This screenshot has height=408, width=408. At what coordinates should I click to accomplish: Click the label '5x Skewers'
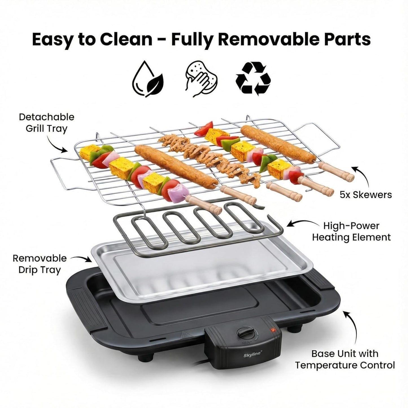366,195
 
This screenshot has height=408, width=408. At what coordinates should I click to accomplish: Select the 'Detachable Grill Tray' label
47,123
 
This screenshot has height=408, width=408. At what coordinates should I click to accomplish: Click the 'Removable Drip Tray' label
40,264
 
